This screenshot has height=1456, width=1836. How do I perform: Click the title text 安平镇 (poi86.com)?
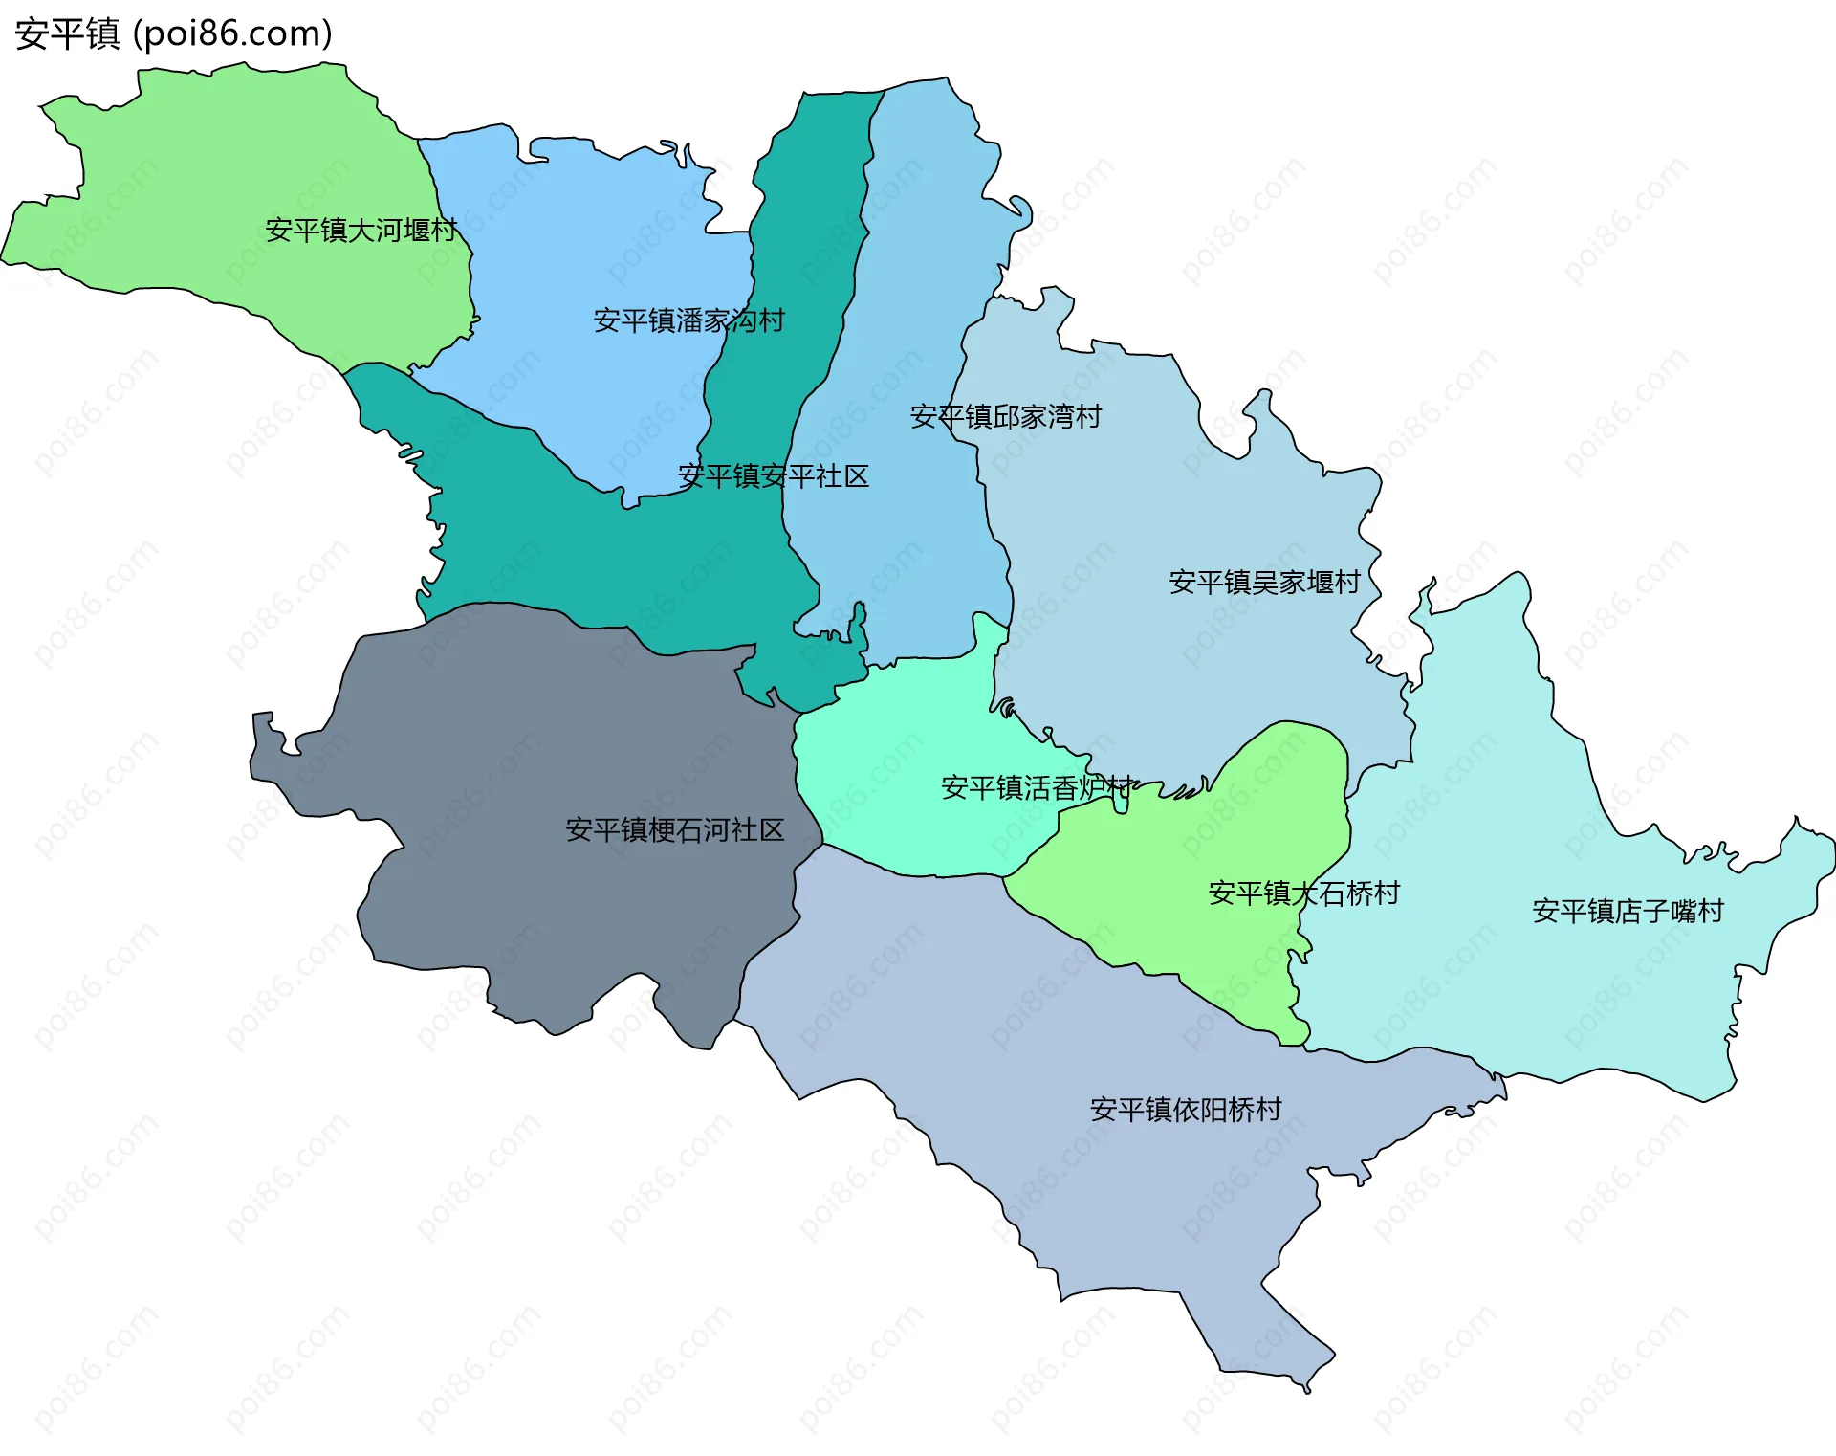173,34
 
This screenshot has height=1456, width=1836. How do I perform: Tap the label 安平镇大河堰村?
361,231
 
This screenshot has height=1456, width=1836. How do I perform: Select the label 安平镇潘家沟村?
688,320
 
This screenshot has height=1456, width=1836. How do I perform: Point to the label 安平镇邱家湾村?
1005,417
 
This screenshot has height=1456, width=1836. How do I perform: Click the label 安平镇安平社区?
773,476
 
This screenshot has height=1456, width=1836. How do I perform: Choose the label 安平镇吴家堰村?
1264,583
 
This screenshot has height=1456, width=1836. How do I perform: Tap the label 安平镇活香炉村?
1038,788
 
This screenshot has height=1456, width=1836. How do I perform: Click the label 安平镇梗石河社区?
674,830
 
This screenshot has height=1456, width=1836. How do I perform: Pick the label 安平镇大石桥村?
1303,893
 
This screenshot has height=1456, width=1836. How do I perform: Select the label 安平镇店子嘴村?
1628,911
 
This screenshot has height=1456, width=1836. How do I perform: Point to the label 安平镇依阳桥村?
1186,1110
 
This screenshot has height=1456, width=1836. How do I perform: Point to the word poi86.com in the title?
232,34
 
